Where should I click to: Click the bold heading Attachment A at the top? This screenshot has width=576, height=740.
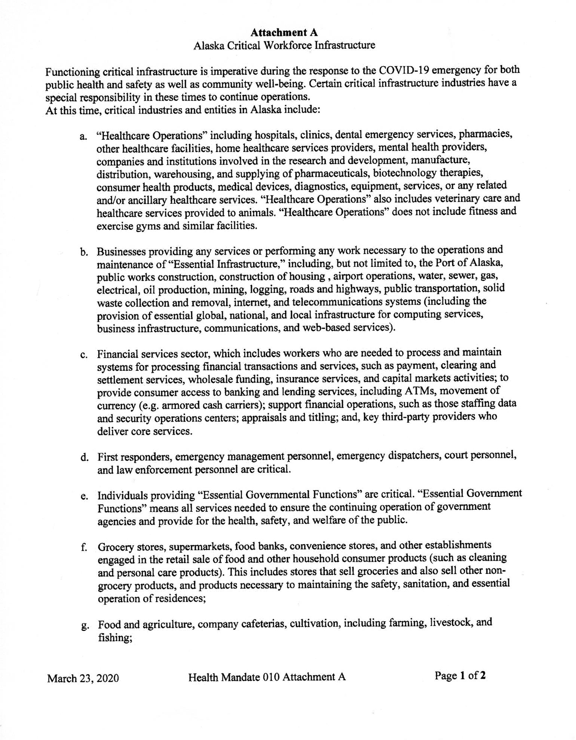[284, 33]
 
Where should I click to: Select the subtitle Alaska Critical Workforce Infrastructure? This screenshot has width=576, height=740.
[284, 46]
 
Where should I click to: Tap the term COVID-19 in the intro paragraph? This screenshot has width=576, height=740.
[404, 70]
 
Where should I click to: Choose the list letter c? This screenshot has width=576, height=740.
[83, 355]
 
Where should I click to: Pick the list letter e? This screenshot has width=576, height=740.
[84, 497]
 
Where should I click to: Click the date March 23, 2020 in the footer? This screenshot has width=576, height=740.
[83, 678]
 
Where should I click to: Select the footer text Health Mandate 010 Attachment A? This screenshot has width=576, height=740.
[267, 677]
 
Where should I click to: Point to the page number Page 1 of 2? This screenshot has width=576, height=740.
[460, 675]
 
